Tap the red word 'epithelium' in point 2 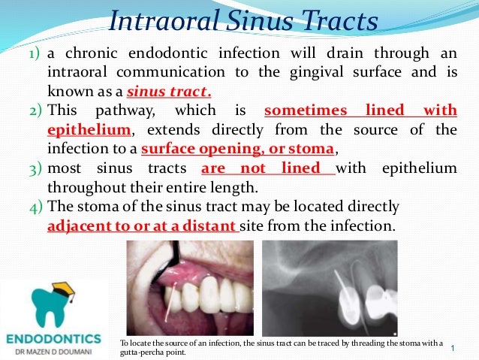(x=84, y=130)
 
